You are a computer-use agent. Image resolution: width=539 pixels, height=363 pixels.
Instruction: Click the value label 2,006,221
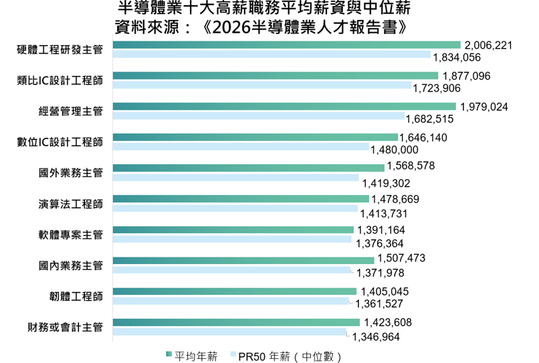tap(488, 45)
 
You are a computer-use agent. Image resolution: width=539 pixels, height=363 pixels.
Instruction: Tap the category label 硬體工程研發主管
tap(60, 49)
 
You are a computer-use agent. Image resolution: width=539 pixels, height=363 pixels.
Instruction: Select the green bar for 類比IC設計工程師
tap(276, 76)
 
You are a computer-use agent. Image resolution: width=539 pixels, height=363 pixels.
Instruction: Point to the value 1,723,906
tap(437, 88)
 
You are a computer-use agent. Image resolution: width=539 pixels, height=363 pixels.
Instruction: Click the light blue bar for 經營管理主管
tap(259, 116)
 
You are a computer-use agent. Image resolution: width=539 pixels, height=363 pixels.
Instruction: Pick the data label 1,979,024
tap(484, 107)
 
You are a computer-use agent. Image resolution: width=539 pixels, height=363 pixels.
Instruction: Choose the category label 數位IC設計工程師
tap(60, 142)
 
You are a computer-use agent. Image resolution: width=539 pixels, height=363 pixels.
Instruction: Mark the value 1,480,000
tap(395, 150)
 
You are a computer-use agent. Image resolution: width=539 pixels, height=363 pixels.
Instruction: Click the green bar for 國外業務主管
tap(249, 168)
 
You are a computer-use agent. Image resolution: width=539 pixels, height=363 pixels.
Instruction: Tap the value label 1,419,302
tap(386, 183)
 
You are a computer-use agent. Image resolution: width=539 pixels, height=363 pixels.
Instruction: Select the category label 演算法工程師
tap(71, 204)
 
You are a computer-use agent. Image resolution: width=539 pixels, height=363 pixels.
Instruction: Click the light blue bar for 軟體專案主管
tap(232, 239)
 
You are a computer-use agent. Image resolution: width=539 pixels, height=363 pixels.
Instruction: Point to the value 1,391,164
tap(381, 230)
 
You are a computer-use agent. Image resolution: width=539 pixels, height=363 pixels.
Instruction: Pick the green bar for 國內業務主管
tap(243, 261)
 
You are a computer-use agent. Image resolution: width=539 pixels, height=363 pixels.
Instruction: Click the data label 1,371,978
tap(381, 273)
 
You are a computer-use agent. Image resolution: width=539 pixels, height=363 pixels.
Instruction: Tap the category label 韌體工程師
tap(76, 296)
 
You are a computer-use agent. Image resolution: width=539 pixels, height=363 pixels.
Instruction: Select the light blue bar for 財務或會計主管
tap(229, 332)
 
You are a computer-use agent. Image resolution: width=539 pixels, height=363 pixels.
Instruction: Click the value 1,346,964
tap(376, 337)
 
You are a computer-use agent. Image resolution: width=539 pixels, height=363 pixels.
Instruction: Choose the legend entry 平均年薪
tap(192, 356)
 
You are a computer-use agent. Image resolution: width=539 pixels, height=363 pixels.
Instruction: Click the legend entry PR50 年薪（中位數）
tap(286, 356)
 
